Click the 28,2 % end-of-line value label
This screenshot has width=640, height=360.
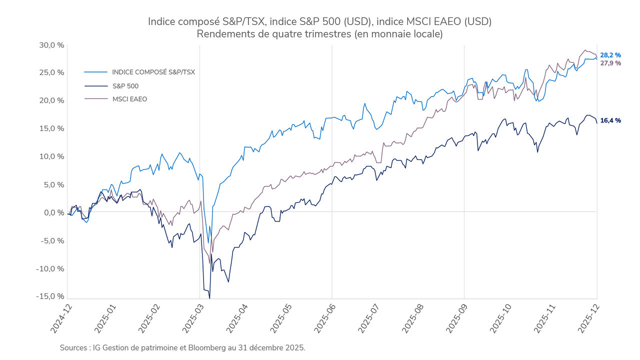coord(610,55)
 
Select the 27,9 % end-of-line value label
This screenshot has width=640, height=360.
coord(610,63)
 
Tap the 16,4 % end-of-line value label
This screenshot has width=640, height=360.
coord(610,120)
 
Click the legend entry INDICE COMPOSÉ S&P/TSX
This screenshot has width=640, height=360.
coord(153,72)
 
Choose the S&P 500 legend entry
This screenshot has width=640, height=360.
coord(125,85)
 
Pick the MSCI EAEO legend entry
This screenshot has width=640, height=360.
coord(129,99)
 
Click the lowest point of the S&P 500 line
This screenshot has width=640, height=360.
coord(209,298)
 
